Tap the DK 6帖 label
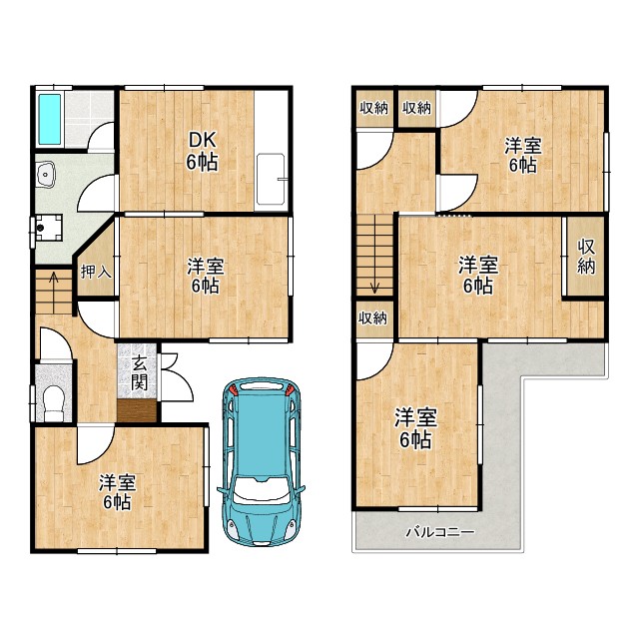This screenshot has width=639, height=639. tap(202, 151)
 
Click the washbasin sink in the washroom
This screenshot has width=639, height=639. tap(46, 174)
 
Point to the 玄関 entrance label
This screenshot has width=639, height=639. tap(139, 372)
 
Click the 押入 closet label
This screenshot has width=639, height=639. tap(96, 272)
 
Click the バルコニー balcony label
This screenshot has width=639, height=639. tap(440, 532)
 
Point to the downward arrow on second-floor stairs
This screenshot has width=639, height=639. tap(374, 288)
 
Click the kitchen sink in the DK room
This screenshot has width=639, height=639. tap(271, 179)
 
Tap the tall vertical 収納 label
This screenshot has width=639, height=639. tap(586, 257)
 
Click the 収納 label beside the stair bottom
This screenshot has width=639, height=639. tap(372, 319)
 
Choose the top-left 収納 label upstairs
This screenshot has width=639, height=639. tap(373, 108)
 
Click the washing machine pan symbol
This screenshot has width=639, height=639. tap(48, 228)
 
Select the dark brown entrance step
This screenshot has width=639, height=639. tap(137, 410)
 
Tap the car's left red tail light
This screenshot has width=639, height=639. tap(234, 389)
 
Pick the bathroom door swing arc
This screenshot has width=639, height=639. tap(100, 136)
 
